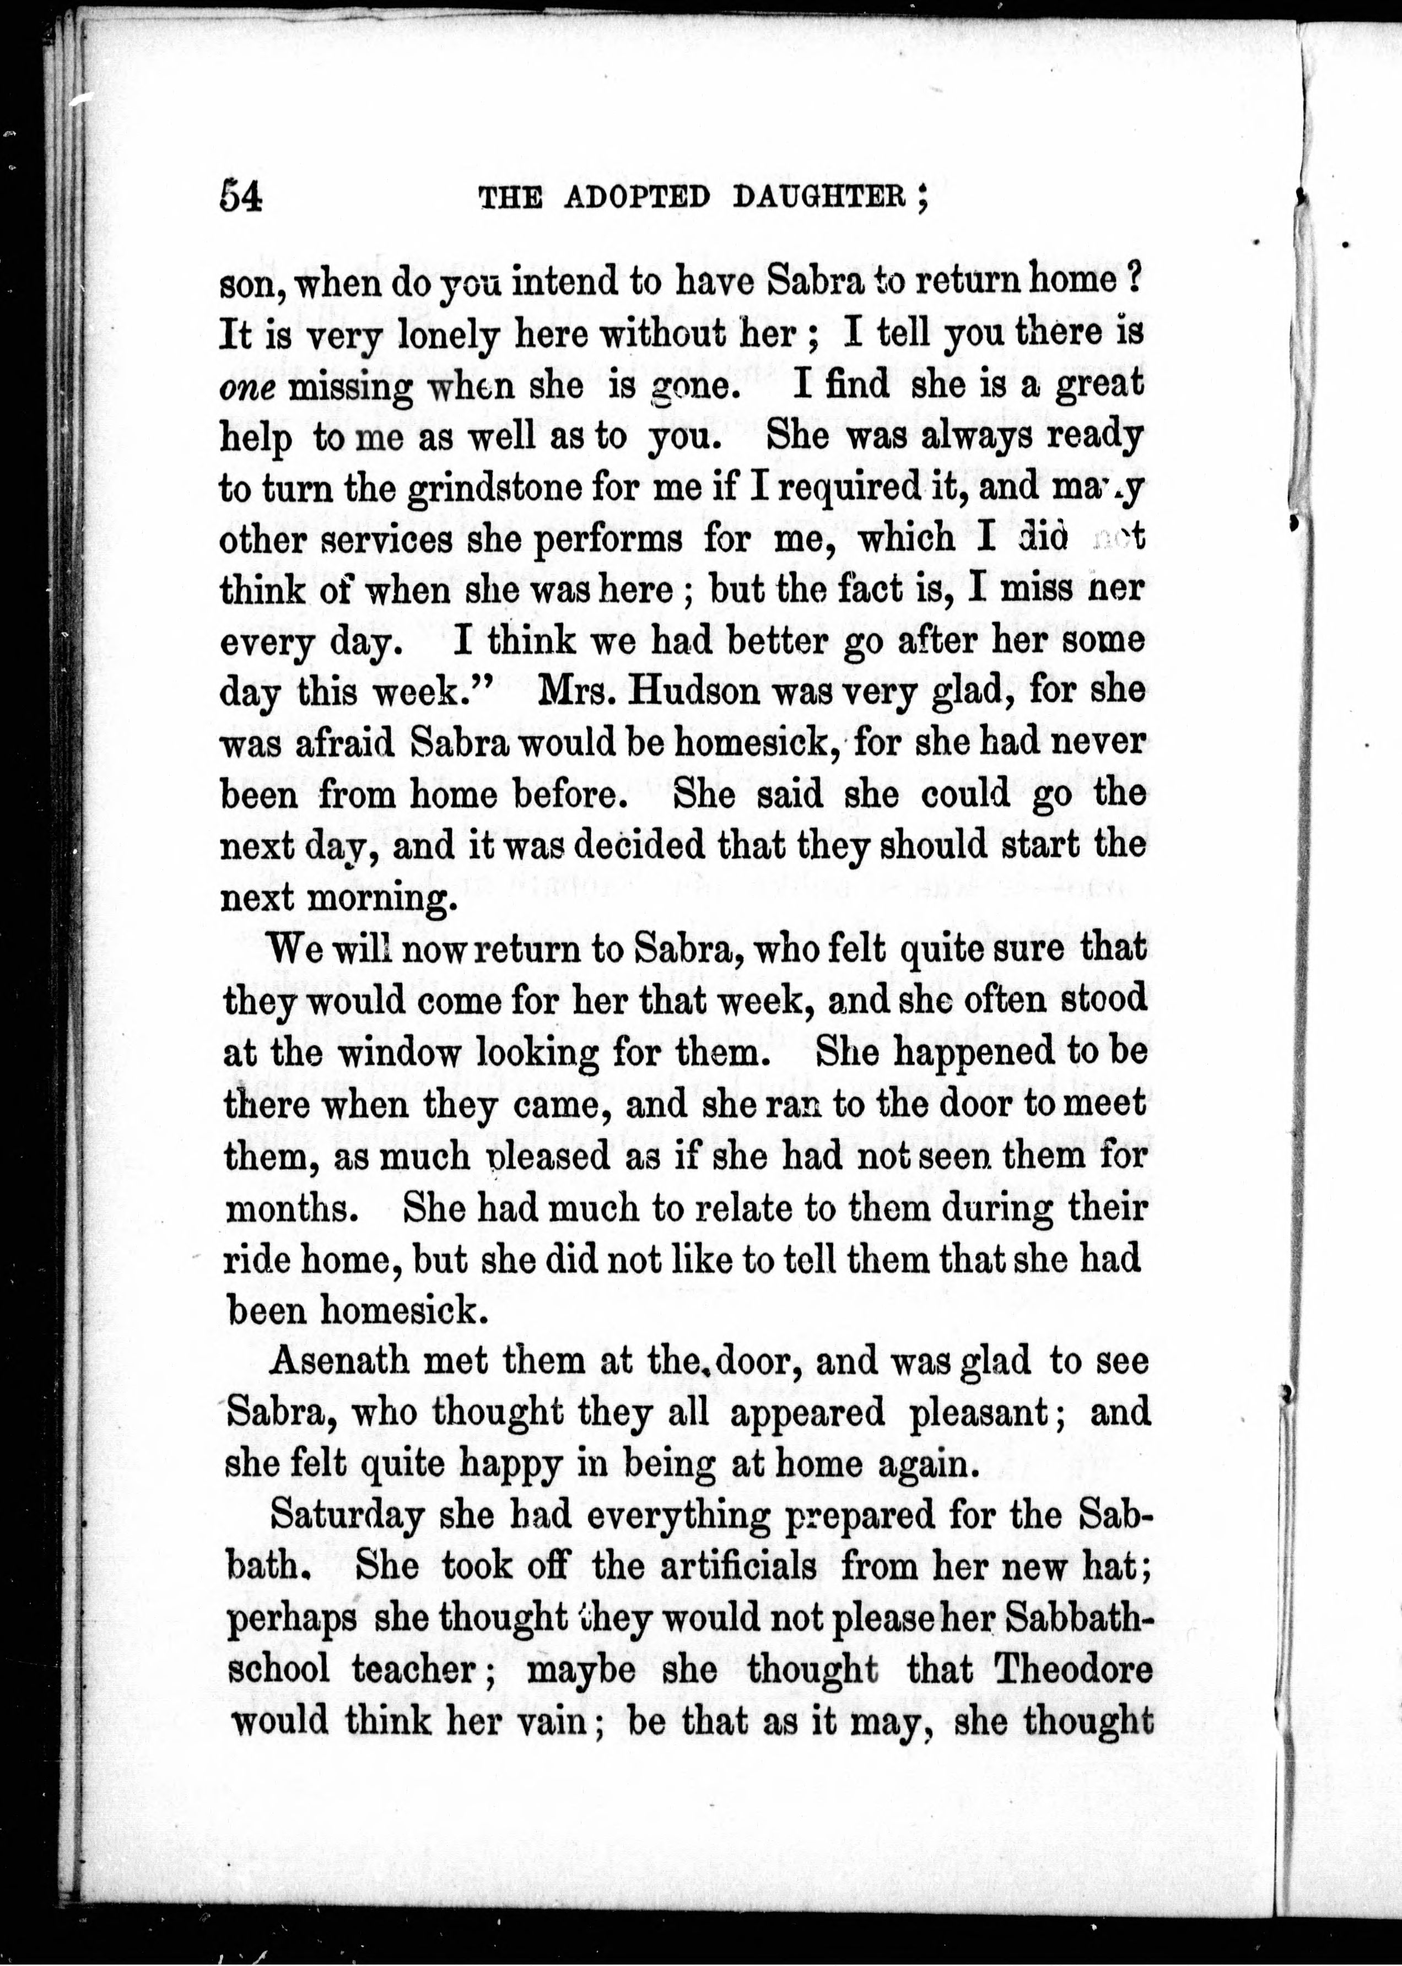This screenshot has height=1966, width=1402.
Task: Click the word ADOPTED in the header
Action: (x=637, y=198)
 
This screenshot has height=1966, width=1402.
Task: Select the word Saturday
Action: (x=347, y=1515)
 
